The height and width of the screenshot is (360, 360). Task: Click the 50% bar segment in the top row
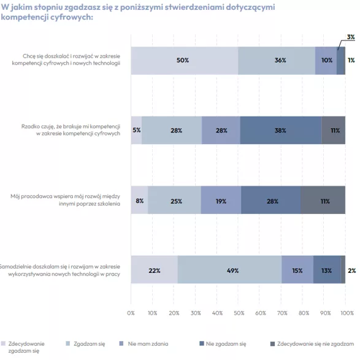click(x=185, y=61)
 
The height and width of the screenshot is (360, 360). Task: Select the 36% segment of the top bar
click(x=277, y=61)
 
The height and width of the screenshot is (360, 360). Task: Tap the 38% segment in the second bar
click(x=281, y=130)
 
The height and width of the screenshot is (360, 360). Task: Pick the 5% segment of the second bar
click(x=136, y=130)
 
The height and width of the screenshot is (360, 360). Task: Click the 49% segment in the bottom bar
click(x=229, y=270)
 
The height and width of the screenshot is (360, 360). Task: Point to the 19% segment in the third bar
click(x=221, y=200)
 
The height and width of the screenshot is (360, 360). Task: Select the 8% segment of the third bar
click(x=140, y=200)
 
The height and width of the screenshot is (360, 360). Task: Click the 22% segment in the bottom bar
click(x=155, y=270)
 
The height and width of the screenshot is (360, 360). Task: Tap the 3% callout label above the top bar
click(x=351, y=37)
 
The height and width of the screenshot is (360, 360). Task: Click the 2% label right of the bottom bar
click(x=352, y=270)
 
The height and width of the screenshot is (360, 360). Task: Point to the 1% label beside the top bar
click(x=351, y=60)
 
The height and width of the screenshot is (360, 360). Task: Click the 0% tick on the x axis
click(x=131, y=313)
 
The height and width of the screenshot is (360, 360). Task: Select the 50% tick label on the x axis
click(x=239, y=313)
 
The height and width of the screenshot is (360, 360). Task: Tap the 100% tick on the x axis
click(x=347, y=313)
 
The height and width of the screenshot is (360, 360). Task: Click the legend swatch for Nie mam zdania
click(x=121, y=343)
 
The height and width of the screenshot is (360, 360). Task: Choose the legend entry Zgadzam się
click(x=85, y=343)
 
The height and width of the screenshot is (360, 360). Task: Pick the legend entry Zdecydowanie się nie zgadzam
click(x=312, y=343)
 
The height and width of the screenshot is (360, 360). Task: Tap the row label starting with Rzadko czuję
click(x=71, y=130)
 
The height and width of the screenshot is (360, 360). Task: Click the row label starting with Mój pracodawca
click(x=66, y=200)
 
